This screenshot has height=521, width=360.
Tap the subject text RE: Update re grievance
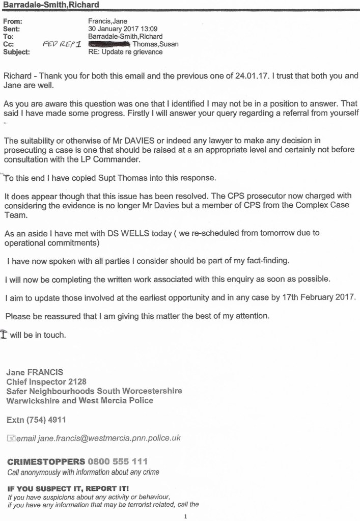[125, 51]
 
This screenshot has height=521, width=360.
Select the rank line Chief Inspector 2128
[46, 381]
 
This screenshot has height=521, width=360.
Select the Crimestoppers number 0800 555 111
[117, 462]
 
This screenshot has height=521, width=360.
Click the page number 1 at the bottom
[185, 516]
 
